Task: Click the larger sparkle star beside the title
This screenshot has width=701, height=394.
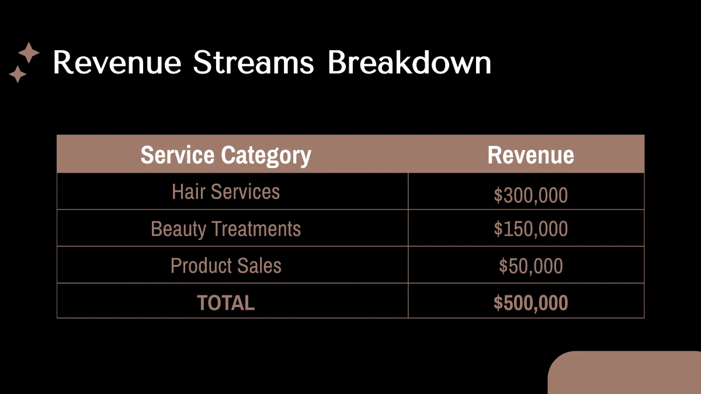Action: point(29,53)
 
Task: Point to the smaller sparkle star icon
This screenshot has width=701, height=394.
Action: point(18,74)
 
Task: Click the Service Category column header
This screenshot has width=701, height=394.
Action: point(226,155)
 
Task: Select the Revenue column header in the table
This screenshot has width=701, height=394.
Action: point(530,155)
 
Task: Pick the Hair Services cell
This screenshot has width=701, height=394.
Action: point(226,191)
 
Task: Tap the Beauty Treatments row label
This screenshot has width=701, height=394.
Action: point(226,228)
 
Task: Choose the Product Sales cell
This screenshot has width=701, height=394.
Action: point(226,266)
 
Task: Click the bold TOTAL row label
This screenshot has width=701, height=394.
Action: point(226,302)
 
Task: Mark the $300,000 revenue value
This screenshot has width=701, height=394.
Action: point(530,195)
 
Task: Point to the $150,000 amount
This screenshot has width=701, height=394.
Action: point(530,229)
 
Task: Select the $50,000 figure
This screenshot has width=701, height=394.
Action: point(530,266)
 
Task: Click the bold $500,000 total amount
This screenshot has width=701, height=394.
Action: point(530,303)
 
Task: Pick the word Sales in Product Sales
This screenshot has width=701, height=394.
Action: point(261,266)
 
